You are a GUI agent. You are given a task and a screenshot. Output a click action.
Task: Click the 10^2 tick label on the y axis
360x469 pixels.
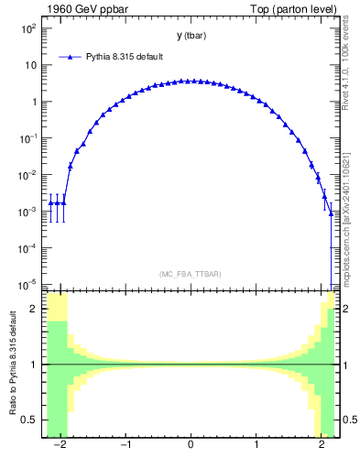tap(29, 28)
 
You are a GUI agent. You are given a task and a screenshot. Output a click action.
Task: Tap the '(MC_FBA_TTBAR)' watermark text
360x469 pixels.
tap(191, 274)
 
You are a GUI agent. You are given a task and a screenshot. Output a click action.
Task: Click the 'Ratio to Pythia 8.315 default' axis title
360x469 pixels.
tap(11, 365)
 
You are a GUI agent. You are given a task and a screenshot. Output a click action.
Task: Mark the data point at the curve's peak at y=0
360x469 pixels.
tap(191, 81)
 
